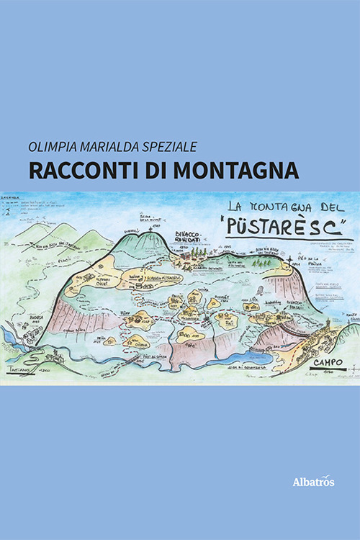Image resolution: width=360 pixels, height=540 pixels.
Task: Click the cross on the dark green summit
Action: click(x=152, y=228)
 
